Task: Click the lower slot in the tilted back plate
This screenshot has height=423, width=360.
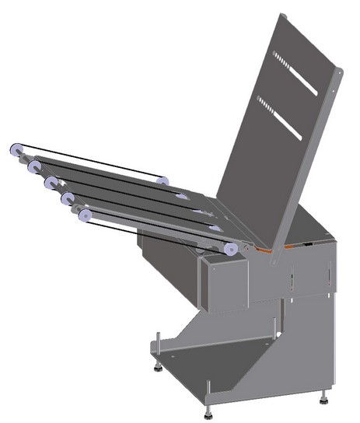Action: (x=279, y=119)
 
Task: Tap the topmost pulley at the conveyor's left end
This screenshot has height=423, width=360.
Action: (x=16, y=150)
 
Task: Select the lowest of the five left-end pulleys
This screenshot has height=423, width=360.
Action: (x=84, y=215)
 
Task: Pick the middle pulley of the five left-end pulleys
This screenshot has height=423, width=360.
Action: (x=51, y=183)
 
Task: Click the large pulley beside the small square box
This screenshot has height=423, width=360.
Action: (x=231, y=248)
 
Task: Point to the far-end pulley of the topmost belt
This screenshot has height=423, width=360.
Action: (x=162, y=181)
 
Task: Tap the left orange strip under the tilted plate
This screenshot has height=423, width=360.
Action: (x=264, y=251)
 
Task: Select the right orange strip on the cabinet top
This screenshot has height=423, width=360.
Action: (x=293, y=245)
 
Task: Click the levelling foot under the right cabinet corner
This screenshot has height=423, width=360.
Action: (x=323, y=400)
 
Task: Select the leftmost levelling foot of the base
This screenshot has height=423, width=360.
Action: (x=158, y=365)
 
